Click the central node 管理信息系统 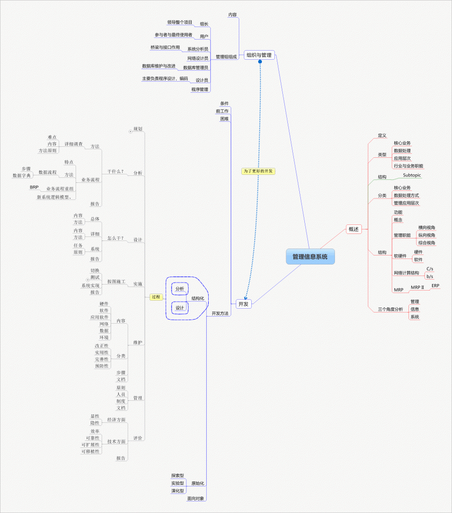pyautogui.click(x=310, y=256)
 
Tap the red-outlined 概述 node pyautogui.click(x=353, y=229)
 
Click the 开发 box pyautogui.click(x=243, y=304)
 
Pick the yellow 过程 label pyautogui.click(x=156, y=297)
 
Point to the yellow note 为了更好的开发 pyautogui.click(x=258, y=171)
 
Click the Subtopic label pyautogui.click(x=412, y=175)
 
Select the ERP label pyautogui.click(x=435, y=286)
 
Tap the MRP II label pyautogui.click(x=417, y=288)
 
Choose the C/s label pyautogui.click(x=429, y=269)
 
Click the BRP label pyautogui.click(x=34, y=187)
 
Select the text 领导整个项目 pyautogui.click(x=180, y=22)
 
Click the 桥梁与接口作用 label pyautogui.click(x=165, y=47)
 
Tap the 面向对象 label pyautogui.click(x=196, y=498)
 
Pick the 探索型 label pyautogui.click(x=178, y=475)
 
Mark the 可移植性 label pyautogui.click(x=91, y=451)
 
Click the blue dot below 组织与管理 pyautogui.click(x=260, y=62)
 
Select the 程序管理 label pyautogui.click(x=200, y=89)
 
